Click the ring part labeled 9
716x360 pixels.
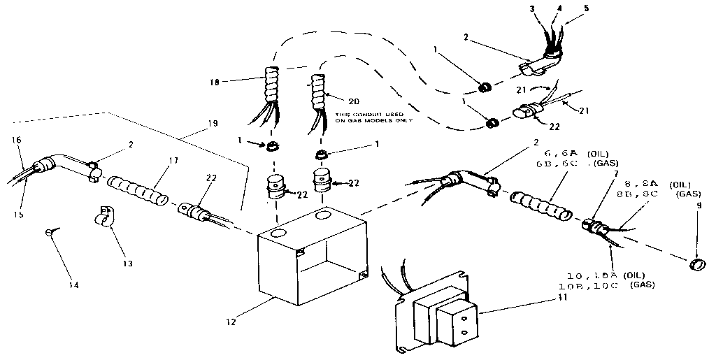point(696,264)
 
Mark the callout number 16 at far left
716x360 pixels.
point(17,140)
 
